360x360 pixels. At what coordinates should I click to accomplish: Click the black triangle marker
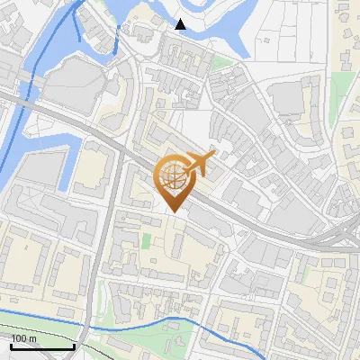(181, 24)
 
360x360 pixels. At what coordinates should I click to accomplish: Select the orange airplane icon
(200, 164)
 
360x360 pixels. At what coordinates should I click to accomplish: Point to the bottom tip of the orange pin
(173, 212)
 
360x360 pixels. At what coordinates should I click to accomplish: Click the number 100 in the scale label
(19, 337)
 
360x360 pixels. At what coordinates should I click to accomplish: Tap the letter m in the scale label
(33, 337)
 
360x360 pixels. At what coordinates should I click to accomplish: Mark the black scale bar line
(42, 346)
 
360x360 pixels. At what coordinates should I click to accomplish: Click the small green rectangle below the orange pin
(146, 241)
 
